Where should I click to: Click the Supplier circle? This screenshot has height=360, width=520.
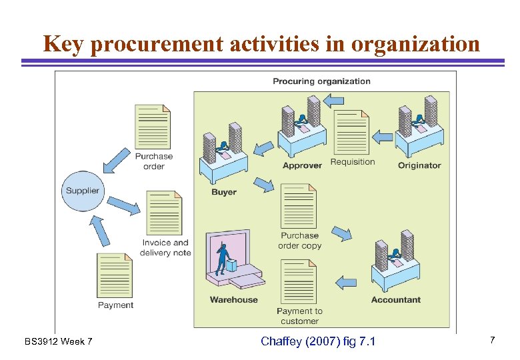pos(82,191)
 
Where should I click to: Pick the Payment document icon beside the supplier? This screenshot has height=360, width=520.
pos(115,275)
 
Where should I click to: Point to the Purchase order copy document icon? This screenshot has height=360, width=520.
pos(299,206)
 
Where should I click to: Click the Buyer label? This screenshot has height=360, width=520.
pos(224,192)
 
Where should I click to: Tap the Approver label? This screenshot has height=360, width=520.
pos(302,165)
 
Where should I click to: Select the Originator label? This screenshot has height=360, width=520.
pos(419,165)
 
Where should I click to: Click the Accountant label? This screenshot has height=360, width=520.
pos(396,300)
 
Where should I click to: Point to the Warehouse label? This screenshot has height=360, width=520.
pos(233,300)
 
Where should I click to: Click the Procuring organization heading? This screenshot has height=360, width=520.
pos(321,81)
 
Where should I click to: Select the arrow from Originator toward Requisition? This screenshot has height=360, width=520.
pos(382,137)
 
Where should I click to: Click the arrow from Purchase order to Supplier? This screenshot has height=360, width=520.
pos(117,159)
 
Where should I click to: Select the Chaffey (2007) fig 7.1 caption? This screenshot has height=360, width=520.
pos(318,341)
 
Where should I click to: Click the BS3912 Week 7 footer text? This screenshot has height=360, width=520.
pos(59,342)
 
